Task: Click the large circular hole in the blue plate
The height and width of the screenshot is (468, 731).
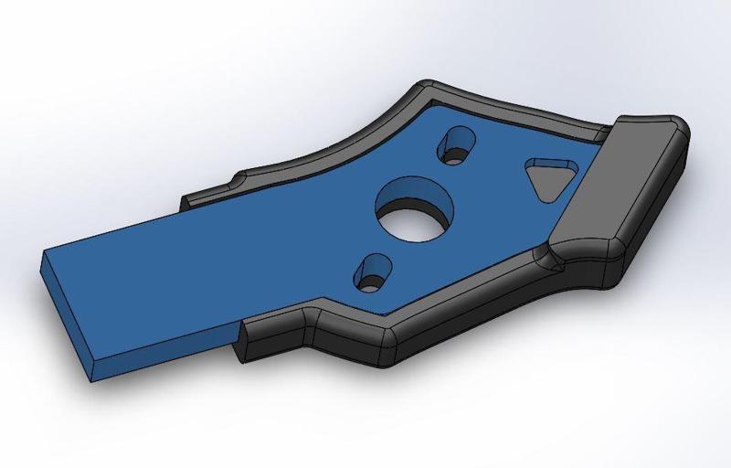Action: [413, 210]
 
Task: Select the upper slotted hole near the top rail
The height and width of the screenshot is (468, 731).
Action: [458, 145]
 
